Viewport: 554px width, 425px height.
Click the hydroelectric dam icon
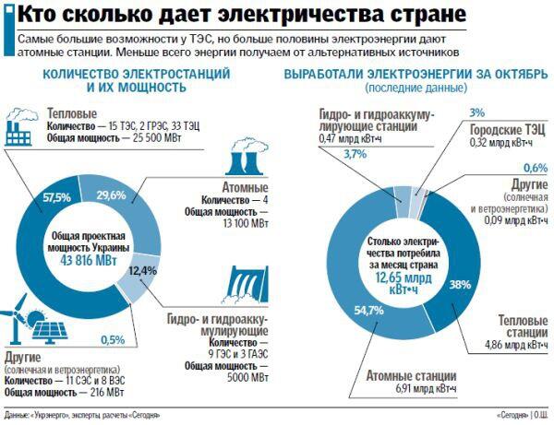[x=248, y=287]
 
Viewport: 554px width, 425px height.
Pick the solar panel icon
[x=52, y=332]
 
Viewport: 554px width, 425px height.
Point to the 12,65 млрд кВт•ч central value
[x=415, y=281]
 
